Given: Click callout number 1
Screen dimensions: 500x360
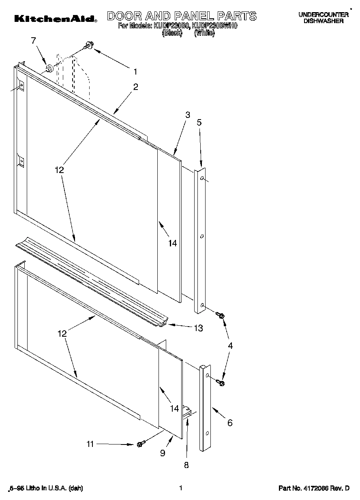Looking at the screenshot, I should (x=135, y=72).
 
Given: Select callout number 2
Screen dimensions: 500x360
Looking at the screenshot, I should (x=135, y=86).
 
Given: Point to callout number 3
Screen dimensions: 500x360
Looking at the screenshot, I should (x=187, y=115).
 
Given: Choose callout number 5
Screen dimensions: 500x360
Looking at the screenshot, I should (x=199, y=122).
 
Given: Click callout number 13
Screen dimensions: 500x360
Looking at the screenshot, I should (x=198, y=328).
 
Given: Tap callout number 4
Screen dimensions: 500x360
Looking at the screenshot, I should (x=230, y=346).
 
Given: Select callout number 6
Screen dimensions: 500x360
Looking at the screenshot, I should (x=229, y=423).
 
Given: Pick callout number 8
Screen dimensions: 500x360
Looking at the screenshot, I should (x=186, y=465).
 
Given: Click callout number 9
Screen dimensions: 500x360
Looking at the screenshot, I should (x=163, y=453).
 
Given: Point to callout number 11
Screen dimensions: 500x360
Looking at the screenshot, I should (x=90, y=444).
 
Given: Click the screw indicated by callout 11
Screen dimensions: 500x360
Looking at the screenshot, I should (x=140, y=444).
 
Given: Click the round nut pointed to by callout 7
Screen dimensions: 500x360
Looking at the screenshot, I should (x=49, y=68).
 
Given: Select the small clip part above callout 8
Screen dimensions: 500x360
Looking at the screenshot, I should (x=187, y=412).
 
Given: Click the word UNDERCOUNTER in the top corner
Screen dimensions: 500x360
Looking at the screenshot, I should (x=324, y=15).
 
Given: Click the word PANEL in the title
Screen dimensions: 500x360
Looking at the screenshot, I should (x=193, y=16).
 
